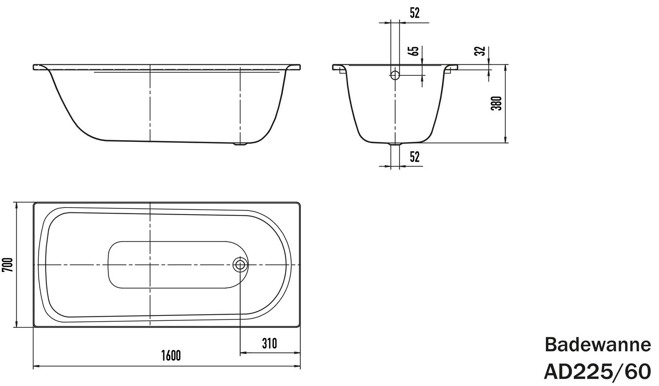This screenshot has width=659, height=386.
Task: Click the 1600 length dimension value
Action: (171, 356)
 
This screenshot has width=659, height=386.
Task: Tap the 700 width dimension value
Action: (7, 265)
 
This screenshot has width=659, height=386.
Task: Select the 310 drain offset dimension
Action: (269, 343)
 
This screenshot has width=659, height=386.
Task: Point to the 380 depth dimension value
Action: (496, 103)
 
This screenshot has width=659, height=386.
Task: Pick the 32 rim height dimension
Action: (481, 51)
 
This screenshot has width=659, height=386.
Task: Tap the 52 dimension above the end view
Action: (415, 13)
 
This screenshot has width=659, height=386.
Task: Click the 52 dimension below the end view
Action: (415, 156)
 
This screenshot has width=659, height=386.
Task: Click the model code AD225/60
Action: (597, 371)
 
